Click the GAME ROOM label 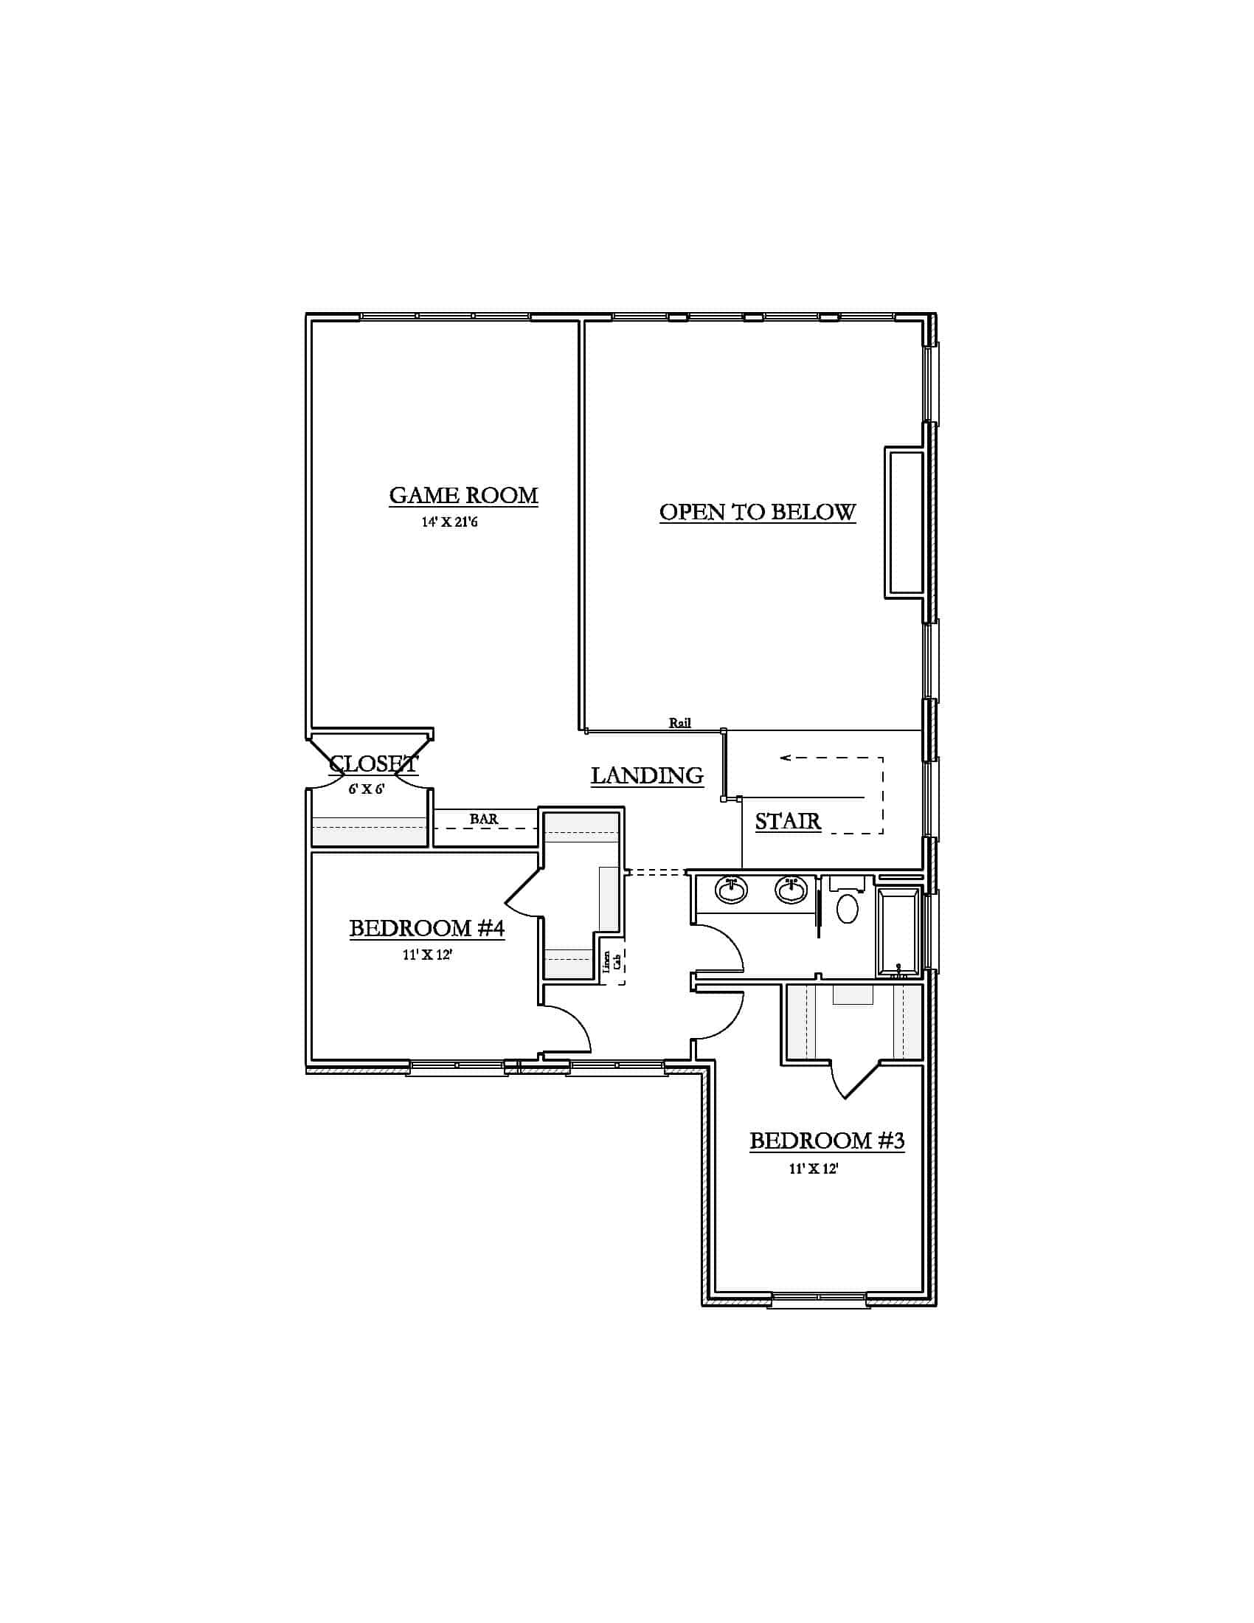(x=463, y=496)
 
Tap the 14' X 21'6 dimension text (x=449, y=522)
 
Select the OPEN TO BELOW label (x=757, y=512)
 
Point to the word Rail (x=680, y=722)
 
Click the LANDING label (x=647, y=776)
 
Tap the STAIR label (x=788, y=821)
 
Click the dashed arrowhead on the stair (x=786, y=758)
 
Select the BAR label (x=484, y=819)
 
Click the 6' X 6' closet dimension (x=367, y=789)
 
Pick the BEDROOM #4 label (x=427, y=928)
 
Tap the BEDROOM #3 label (x=827, y=1141)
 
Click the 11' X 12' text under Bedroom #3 (x=814, y=1169)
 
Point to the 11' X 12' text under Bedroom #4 (x=427, y=955)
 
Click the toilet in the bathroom (x=848, y=900)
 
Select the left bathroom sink (x=732, y=889)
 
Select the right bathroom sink (x=791, y=889)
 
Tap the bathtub (x=899, y=932)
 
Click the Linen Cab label (x=612, y=961)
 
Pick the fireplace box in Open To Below (x=905, y=522)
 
